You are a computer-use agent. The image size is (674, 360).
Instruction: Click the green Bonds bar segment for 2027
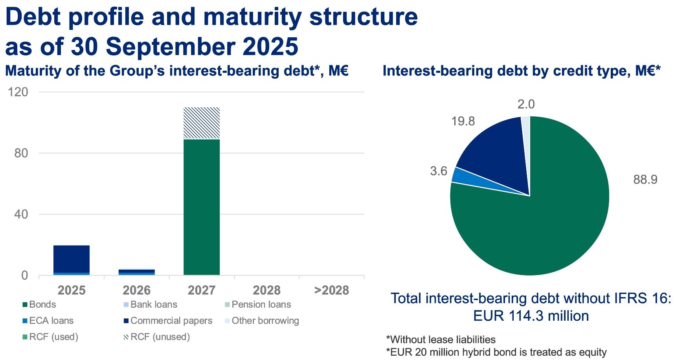202,207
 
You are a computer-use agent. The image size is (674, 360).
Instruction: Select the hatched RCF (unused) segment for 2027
202,123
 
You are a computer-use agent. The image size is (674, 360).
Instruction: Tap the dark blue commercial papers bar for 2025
72,259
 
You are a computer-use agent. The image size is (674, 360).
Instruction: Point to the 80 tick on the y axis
21,153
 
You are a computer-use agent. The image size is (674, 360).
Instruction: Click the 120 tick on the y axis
18,92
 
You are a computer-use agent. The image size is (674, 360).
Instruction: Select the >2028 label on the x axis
332,290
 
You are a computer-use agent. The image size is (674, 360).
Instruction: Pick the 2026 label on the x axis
136,290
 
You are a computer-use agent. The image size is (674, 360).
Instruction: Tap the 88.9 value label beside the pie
645,180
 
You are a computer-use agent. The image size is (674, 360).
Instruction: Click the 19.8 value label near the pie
463,121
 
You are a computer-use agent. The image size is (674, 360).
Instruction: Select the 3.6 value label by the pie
439,171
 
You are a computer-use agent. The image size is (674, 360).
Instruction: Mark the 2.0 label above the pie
526,104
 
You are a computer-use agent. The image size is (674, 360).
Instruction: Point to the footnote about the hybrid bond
496,352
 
